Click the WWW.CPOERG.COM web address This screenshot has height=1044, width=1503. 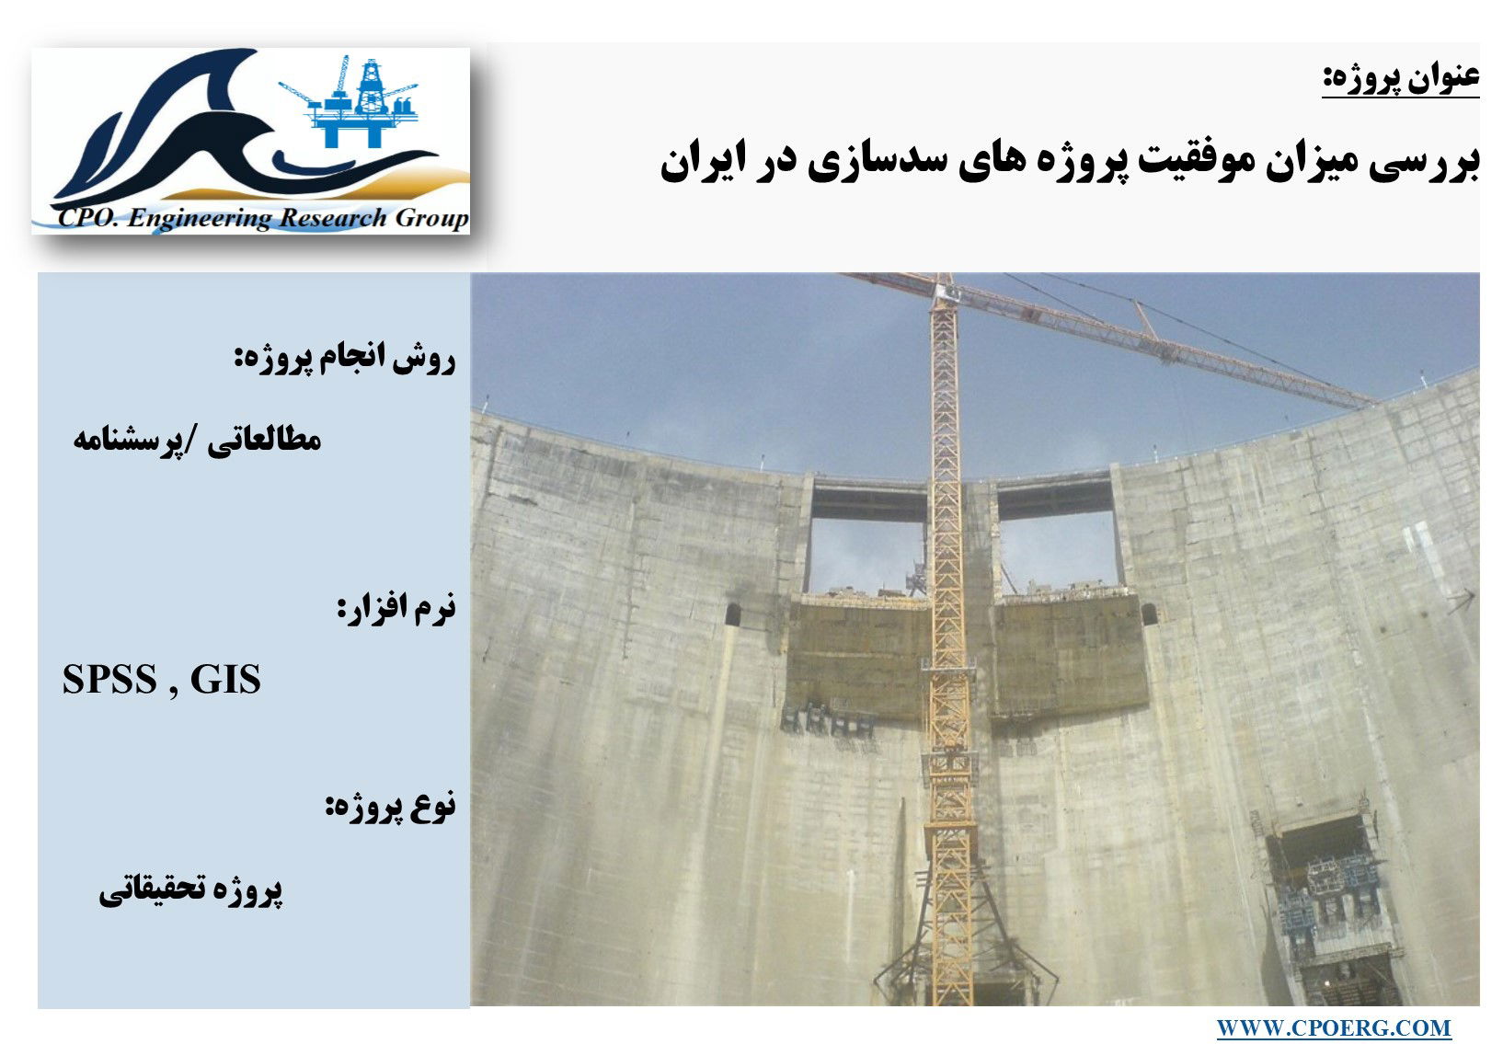point(1333,1027)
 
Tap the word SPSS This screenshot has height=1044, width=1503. point(109,679)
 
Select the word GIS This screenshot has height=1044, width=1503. point(225,679)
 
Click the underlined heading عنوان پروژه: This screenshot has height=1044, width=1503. point(1400,79)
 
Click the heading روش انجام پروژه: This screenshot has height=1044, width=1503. point(345,359)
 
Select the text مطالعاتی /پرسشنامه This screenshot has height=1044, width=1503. point(197,441)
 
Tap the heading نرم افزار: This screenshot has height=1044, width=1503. point(396,607)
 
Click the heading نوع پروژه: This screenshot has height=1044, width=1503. point(391,805)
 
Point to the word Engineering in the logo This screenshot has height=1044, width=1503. point(200,219)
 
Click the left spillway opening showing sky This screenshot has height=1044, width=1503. point(866,556)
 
